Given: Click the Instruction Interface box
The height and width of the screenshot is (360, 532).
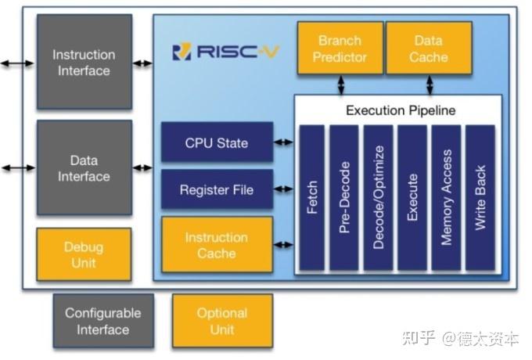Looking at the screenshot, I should [84, 63].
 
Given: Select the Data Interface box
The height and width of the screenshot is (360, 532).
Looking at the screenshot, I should [84, 167].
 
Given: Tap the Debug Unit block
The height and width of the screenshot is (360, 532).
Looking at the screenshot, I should [84, 254].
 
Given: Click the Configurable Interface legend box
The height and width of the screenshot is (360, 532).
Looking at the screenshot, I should [102, 321].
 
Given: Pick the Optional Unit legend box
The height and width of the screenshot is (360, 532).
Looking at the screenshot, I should [222, 321].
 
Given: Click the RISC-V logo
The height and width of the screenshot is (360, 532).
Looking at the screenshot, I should [225, 52].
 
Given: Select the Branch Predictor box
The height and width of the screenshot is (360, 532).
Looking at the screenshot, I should [340, 49].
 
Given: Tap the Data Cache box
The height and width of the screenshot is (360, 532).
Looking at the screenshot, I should [429, 49].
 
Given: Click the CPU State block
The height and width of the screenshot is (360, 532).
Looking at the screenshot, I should [217, 142].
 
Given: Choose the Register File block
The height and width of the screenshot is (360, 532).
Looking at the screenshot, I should [217, 189].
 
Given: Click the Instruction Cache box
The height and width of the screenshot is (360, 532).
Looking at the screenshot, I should [217, 245].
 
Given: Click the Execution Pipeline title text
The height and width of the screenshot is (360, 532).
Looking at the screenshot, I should [400, 110].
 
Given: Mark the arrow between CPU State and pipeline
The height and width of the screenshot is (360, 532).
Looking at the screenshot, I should [283, 142].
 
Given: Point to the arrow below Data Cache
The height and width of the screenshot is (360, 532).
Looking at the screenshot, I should [429, 85].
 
